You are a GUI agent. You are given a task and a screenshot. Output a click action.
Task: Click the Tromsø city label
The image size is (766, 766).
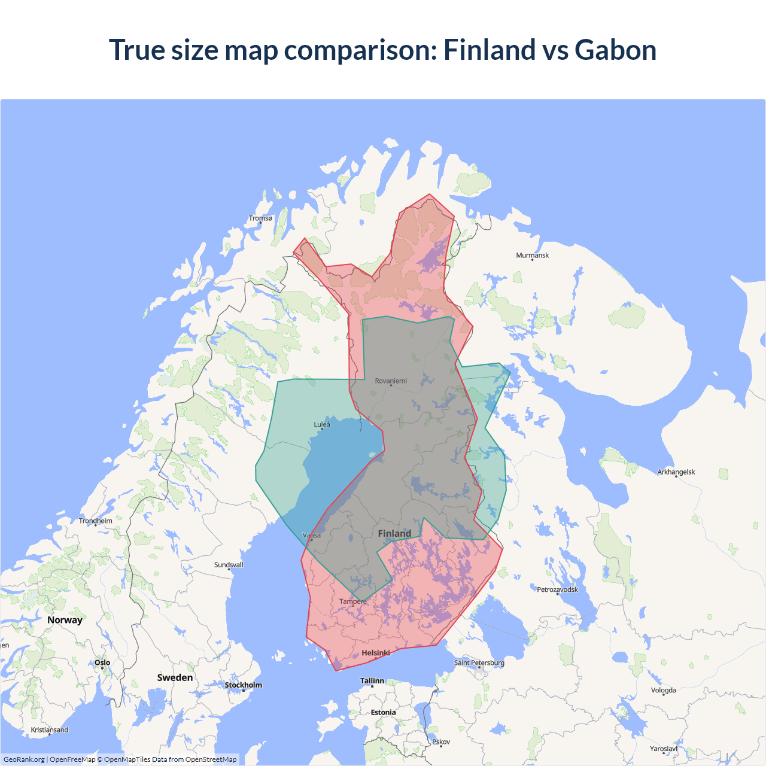point(260,218)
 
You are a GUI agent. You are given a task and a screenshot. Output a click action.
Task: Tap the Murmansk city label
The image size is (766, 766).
point(532,256)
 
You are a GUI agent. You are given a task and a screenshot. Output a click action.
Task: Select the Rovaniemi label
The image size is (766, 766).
point(391,381)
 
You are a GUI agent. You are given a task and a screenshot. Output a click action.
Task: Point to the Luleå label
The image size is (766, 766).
point(322,425)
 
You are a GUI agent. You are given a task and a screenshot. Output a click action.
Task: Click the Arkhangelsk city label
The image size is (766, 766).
point(676,472)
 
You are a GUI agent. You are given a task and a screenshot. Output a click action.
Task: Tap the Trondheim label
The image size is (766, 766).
point(96,521)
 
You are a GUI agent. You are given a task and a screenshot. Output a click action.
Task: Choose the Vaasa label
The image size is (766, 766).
point(312,536)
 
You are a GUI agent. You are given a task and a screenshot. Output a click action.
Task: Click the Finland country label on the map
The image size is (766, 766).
point(394,533)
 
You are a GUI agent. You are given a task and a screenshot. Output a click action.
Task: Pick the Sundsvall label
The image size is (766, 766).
point(229,565)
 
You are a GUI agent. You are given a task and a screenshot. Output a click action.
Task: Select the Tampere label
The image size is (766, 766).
point(353,601)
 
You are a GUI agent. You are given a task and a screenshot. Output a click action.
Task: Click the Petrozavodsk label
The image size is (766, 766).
point(557,590)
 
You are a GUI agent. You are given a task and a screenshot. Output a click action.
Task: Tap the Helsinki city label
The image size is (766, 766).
point(376,653)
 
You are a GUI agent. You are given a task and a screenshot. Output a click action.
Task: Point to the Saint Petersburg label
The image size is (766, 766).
point(479,663)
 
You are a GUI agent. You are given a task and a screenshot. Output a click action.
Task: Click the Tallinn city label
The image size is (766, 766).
point(372,681)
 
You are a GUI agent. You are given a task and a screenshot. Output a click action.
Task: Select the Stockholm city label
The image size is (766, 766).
point(243,685)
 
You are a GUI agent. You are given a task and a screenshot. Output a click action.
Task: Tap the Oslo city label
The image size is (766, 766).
point(102,663)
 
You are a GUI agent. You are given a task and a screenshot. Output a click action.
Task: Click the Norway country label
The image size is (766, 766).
point(65,620)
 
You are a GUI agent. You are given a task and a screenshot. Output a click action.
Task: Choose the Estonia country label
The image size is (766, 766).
point(383,713)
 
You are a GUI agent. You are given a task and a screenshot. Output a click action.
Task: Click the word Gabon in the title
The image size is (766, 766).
point(615,50)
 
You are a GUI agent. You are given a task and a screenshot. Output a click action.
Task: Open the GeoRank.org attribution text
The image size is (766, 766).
point(24,759)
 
